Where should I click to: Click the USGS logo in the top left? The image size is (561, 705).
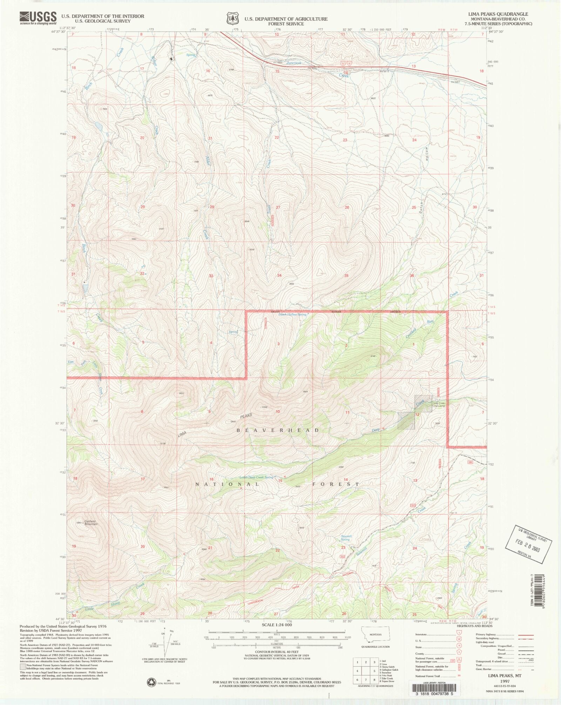point(38,18)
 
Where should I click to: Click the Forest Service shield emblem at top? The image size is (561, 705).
point(232,18)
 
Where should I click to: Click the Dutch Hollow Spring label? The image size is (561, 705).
point(292,314)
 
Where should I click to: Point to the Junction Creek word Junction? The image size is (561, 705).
point(293,63)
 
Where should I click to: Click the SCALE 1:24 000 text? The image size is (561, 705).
point(277,625)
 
